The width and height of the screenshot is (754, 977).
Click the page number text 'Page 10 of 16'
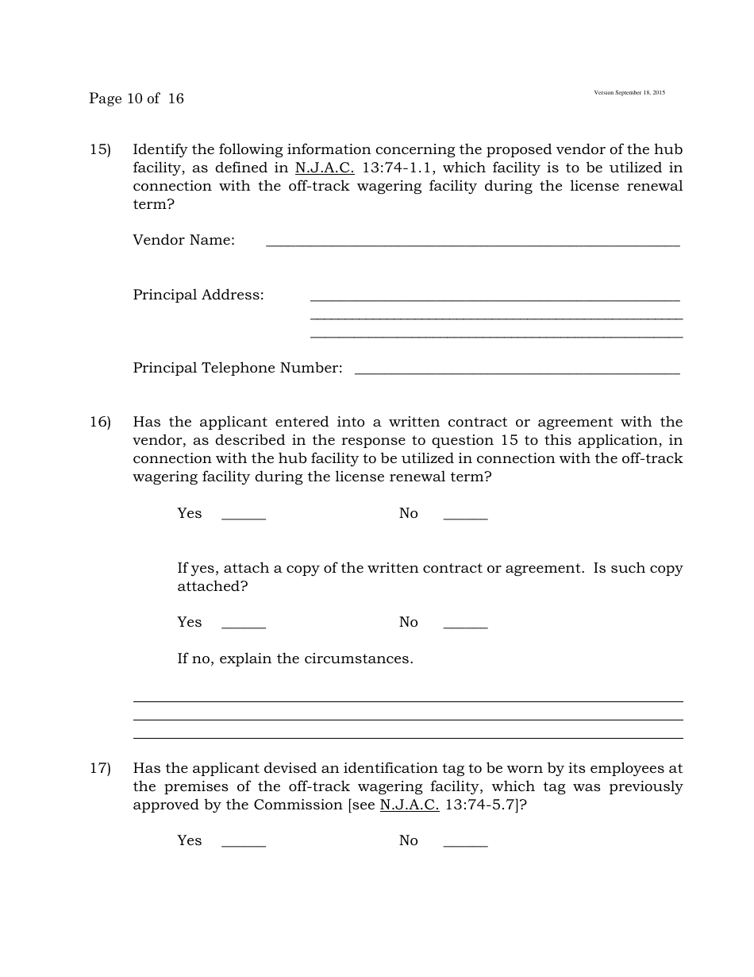pos(136,98)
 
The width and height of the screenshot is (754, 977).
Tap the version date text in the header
pos(629,93)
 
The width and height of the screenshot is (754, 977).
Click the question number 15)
pos(100,149)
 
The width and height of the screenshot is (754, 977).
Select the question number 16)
pos(100,422)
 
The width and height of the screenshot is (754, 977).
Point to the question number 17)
pos(100,768)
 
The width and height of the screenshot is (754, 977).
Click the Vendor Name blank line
pos(472,242)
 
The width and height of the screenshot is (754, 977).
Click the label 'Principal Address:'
pos(198,295)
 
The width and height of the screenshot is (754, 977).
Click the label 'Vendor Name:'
pos(183,240)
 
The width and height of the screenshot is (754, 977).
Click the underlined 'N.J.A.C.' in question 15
pos(324,168)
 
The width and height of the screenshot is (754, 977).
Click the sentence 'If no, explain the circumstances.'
pos(294,658)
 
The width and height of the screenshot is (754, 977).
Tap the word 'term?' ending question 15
pos(153,204)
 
